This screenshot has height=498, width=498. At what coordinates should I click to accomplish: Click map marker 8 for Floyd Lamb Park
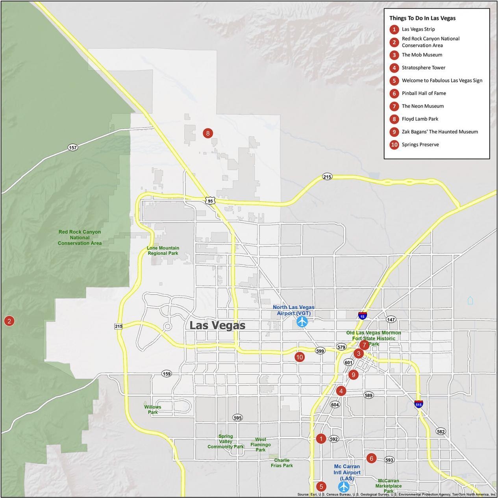(x=208, y=133)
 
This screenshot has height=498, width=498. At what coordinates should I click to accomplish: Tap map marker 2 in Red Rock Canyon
(x=9, y=321)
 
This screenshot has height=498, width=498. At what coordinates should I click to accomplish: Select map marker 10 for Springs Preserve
(x=300, y=357)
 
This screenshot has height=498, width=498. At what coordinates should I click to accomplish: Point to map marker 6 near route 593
(x=371, y=458)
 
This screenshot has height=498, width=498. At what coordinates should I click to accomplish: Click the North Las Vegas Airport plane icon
(x=302, y=322)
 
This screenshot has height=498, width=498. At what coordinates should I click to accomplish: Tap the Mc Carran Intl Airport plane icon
(x=344, y=487)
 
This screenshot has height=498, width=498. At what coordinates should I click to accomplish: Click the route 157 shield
(x=73, y=147)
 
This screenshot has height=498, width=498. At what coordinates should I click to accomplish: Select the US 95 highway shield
(x=210, y=201)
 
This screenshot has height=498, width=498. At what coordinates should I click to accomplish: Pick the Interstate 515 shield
(x=418, y=404)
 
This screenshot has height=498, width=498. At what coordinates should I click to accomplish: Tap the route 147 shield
(x=391, y=319)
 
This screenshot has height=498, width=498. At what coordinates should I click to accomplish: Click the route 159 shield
(x=167, y=374)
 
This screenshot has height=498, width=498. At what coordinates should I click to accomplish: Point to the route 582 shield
(x=441, y=431)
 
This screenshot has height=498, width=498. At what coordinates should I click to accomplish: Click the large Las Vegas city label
(x=217, y=326)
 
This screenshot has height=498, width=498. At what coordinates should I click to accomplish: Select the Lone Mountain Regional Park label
(x=163, y=251)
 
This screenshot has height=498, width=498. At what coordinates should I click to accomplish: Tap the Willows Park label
(x=153, y=409)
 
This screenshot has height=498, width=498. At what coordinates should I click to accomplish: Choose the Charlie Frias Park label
(x=282, y=463)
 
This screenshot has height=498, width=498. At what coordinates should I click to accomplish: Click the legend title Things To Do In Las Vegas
(x=422, y=18)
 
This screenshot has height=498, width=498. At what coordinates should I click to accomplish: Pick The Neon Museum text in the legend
(x=422, y=106)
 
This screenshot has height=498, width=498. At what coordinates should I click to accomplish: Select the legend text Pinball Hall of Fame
(x=424, y=93)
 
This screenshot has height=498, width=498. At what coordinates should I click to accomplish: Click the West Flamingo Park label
(x=261, y=444)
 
